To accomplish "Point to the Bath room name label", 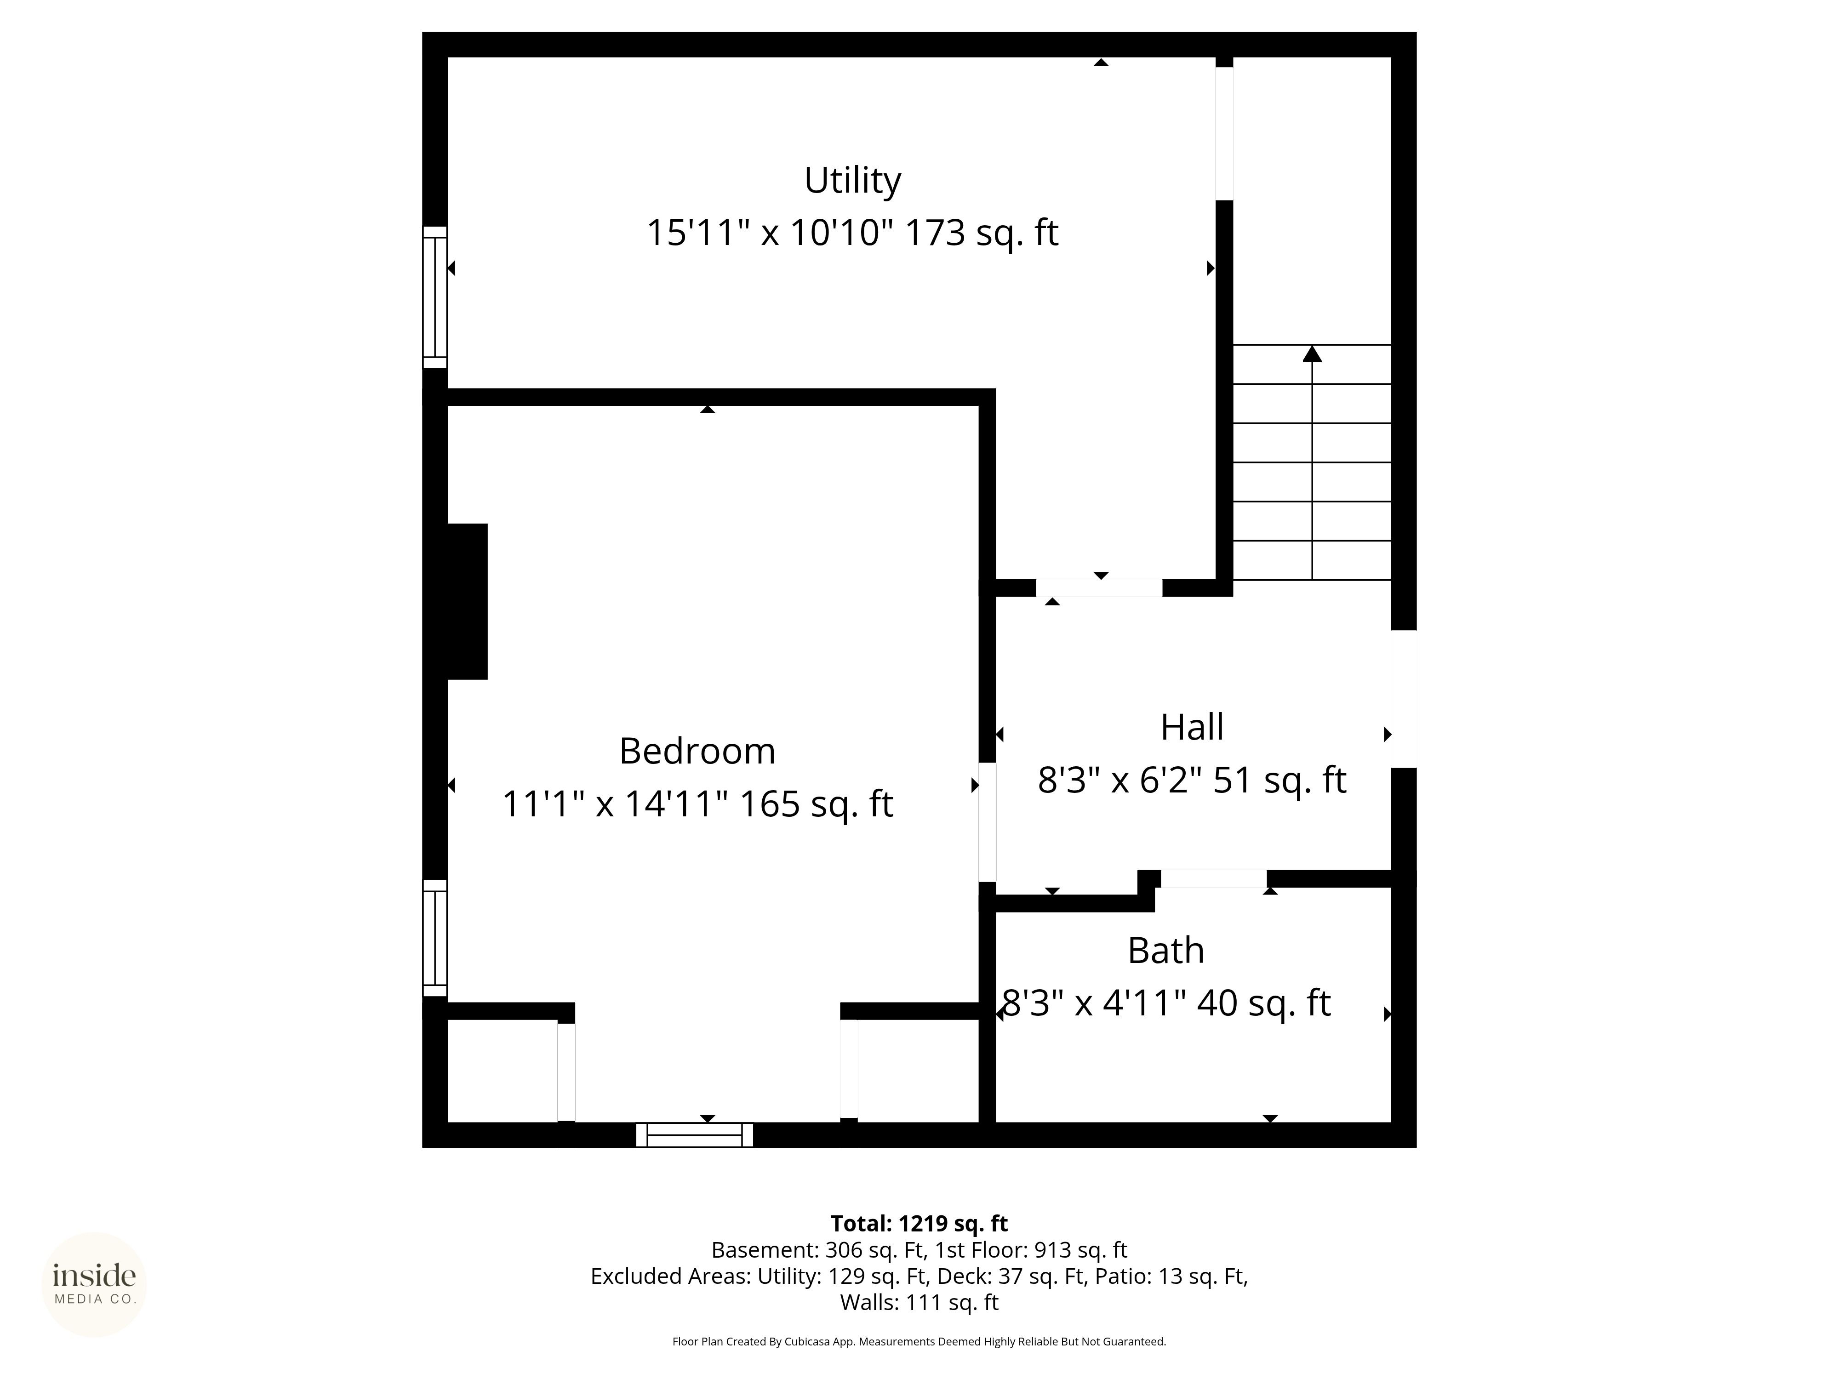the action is coord(1165,950).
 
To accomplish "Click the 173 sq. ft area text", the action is coord(981,233).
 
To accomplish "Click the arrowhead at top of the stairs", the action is coord(1312,353).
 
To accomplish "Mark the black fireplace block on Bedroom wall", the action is coord(467,601).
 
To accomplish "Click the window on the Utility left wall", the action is coord(435,297).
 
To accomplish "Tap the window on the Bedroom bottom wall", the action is coord(694,1134).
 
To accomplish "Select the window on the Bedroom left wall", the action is coord(435,939).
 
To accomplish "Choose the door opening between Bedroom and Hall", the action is coord(987,821).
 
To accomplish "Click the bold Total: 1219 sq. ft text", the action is coord(919,1224).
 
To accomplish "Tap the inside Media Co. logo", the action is coord(94,1284).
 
